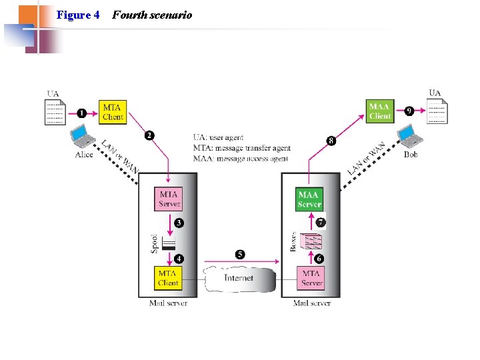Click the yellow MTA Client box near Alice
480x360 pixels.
pyautogui.click(x=113, y=112)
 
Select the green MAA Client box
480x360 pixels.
pyautogui.click(x=380, y=111)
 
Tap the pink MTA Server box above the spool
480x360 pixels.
pyautogui.click(x=169, y=199)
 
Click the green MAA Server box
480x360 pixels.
pyautogui.click(x=309, y=199)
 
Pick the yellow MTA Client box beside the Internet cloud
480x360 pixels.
pyautogui.click(x=168, y=277)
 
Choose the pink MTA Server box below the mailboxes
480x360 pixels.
pyautogui.click(x=311, y=277)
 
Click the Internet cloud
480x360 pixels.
pyautogui.click(x=239, y=278)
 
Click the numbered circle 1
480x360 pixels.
pyautogui.click(x=82, y=113)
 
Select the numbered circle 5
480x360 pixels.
pyautogui.click(x=240, y=254)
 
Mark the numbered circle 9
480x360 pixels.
pyautogui.click(x=410, y=110)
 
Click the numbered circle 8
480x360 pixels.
pyautogui.click(x=331, y=141)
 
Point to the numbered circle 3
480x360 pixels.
pyautogui.click(x=179, y=222)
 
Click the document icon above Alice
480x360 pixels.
pyautogui.click(x=55, y=112)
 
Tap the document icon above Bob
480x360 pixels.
pyautogui.click(x=437, y=111)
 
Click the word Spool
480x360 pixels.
pyautogui.click(x=153, y=241)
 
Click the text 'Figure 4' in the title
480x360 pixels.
pyautogui.click(x=78, y=15)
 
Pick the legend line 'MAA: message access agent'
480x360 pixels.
pyautogui.click(x=240, y=159)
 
